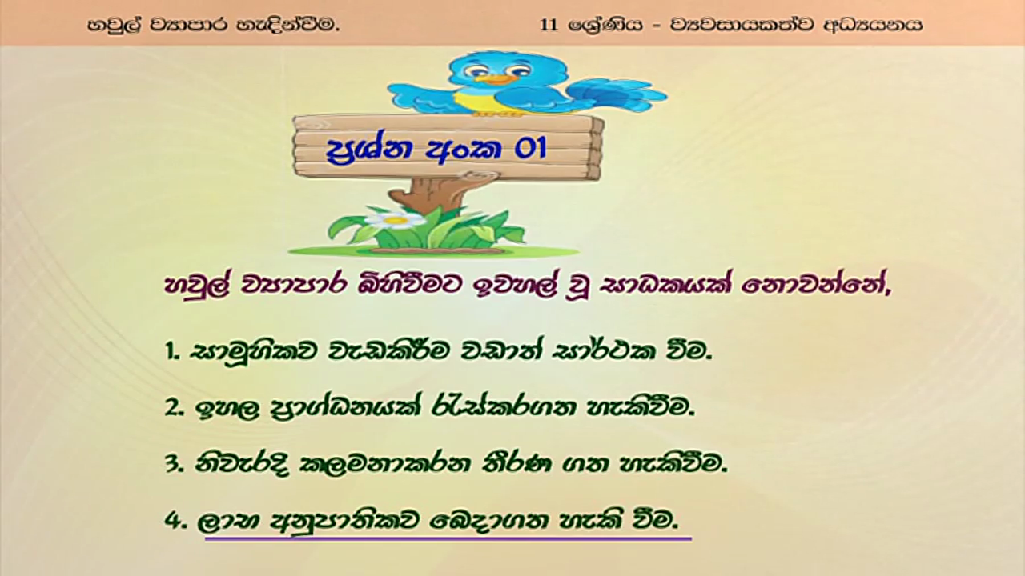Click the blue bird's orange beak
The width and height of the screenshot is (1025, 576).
[x=495, y=79]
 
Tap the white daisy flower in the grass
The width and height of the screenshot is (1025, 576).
[x=395, y=220]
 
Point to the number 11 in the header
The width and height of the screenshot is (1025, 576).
[x=549, y=25]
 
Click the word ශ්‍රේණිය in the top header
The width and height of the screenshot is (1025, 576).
[x=605, y=25]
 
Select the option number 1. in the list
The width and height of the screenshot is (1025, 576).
[x=173, y=353]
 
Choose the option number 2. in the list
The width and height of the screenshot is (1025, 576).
[x=175, y=408]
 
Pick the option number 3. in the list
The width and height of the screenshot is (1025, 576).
[x=175, y=465]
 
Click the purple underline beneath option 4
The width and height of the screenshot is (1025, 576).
[x=448, y=539]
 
